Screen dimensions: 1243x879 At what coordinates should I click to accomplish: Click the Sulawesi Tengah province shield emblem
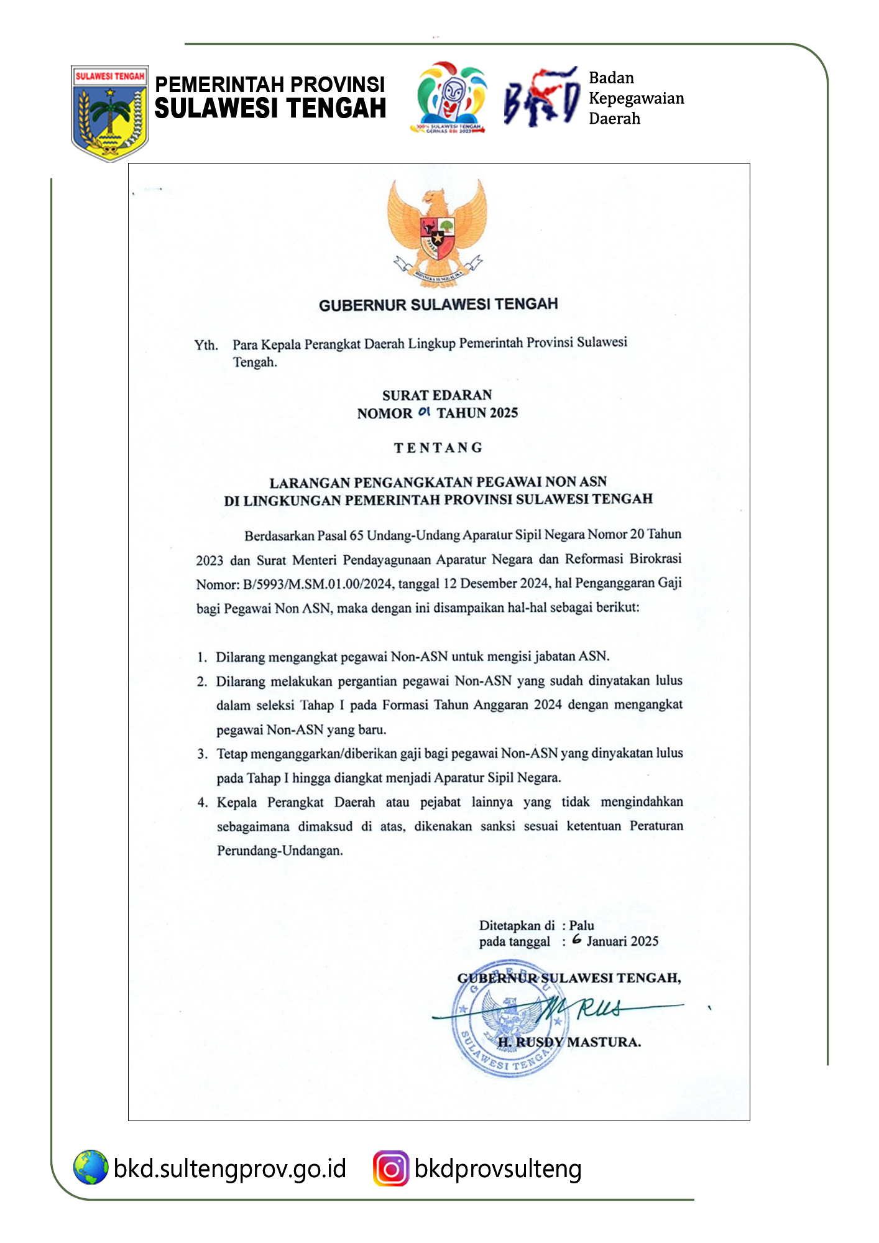coord(110,113)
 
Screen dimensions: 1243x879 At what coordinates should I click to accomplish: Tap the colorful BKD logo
coord(541,98)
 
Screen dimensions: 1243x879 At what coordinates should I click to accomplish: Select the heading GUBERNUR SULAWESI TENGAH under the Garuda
coord(438,305)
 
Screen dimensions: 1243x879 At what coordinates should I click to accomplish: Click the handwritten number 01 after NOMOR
coord(424,412)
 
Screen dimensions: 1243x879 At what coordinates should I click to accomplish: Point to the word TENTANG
coord(438,448)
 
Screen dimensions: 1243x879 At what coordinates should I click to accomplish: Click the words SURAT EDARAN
coord(437,395)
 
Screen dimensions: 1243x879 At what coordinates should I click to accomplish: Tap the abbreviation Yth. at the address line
coord(206,345)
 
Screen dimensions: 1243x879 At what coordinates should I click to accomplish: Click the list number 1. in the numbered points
coord(202,657)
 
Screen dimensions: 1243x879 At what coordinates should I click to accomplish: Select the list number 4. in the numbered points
coord(203,803)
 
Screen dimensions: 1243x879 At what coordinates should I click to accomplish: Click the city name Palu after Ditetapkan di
coord(582,925)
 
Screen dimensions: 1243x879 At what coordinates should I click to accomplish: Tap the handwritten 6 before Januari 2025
coord(577,940)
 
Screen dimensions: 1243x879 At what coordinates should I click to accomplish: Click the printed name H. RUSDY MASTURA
coord(569,1042)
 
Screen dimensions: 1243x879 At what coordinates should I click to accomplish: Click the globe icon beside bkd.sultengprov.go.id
coord(91,1167)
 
